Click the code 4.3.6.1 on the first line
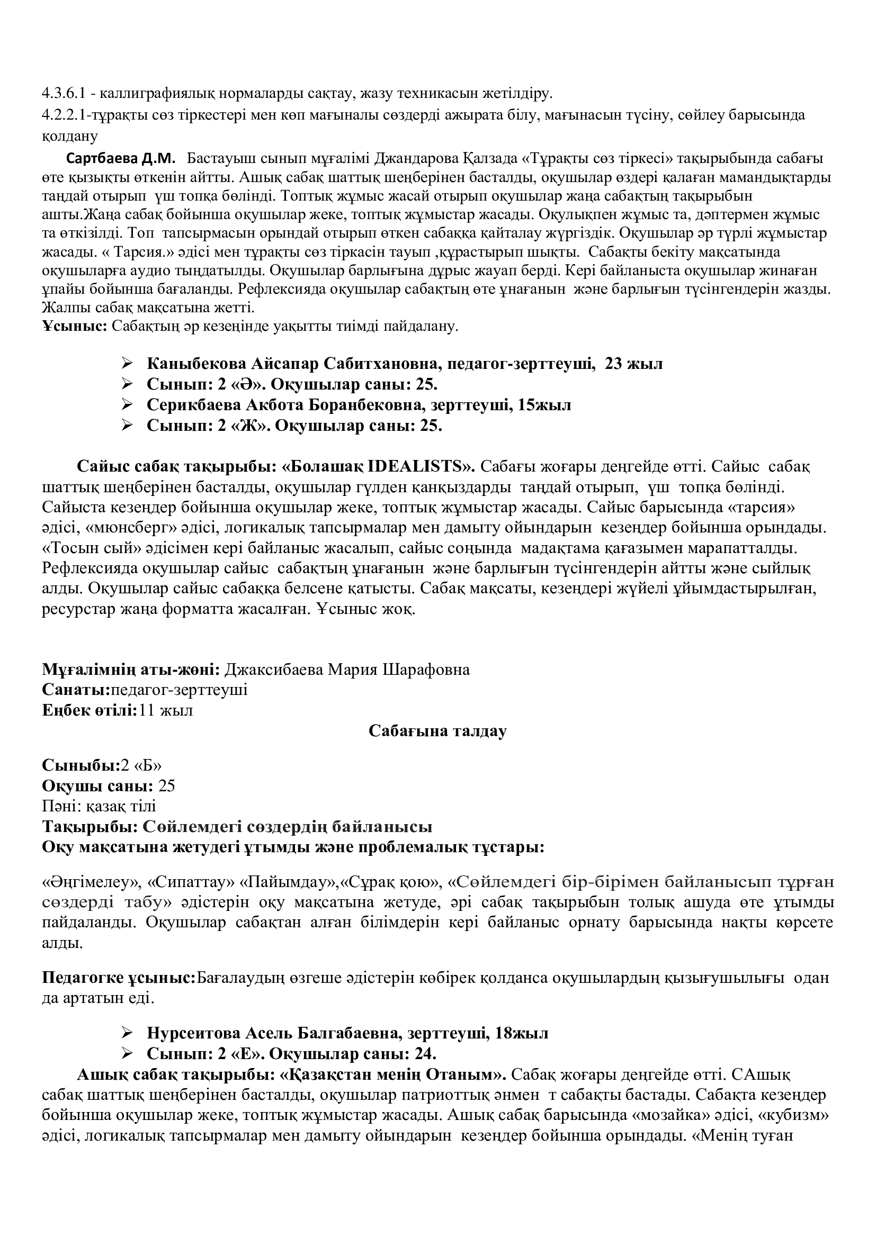(64, 94)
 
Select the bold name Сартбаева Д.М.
(121, 159)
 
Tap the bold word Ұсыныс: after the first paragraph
(75, 326)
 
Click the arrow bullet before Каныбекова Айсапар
(127, 364)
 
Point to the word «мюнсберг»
(125, 528)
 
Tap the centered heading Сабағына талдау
(437, 731)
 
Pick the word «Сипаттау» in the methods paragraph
(191, 882)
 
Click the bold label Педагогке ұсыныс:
(119, 978)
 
